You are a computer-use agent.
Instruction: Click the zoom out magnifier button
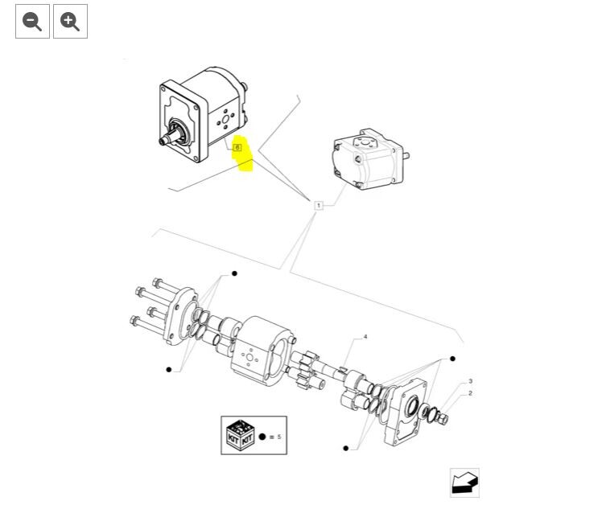(32, 21)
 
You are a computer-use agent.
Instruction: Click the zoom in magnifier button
(70, 21)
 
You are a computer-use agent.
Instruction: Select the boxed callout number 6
(237, 147)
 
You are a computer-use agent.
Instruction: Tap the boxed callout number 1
(319, 205)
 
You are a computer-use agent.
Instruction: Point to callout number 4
(365, 337)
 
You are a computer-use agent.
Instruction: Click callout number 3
(470, 381)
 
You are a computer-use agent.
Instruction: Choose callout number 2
(470, 393)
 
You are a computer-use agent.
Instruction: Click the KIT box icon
(240, 435)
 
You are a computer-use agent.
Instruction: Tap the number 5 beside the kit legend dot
(279, 437)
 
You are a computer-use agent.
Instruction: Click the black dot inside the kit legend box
(262, 437)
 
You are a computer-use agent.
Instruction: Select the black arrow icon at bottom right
(465, 482)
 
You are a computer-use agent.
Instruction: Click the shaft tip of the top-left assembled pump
(162, 142)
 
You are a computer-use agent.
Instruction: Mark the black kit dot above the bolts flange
(234, 273)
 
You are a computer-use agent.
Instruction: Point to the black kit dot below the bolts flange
(168, 370)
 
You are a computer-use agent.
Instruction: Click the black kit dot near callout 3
(452, 359)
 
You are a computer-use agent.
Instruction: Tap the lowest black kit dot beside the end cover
(346, 448)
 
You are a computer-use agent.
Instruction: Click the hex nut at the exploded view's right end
(443, 419)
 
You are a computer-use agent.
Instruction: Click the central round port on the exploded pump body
(249, 358)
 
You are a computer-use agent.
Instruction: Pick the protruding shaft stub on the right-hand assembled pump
(406, 156)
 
